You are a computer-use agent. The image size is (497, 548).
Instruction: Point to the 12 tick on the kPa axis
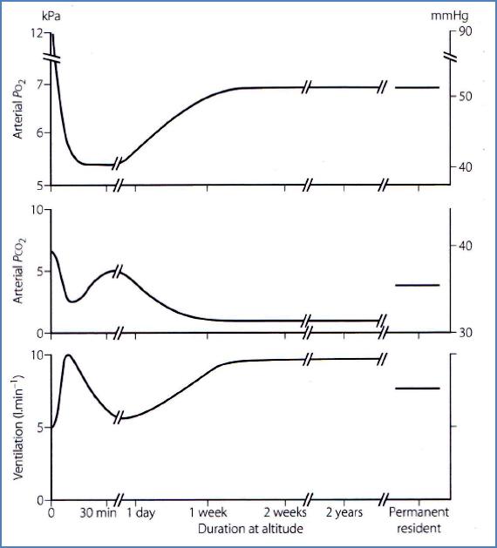coord(37,32)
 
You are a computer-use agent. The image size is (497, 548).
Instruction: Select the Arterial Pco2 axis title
coord(19,273)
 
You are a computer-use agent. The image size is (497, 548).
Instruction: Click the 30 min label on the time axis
coord(92,513)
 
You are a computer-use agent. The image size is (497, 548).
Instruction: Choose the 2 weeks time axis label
coord(286,513)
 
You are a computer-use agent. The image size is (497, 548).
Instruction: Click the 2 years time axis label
coord(344,513)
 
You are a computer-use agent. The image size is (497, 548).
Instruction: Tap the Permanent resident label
coord(417,520)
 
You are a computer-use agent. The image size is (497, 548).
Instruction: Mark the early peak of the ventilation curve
coord(68,355)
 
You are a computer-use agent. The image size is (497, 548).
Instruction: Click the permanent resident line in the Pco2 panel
coord(418,285)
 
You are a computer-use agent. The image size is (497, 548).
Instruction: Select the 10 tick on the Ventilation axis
coord(37,355)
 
